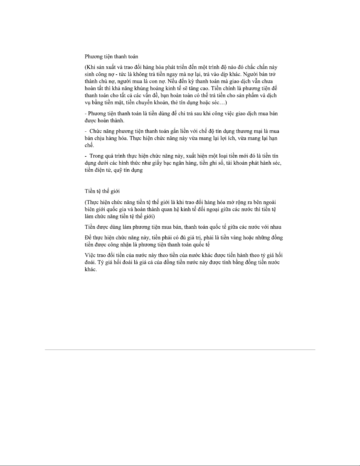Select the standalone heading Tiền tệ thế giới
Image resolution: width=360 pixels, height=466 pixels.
click(102, 191)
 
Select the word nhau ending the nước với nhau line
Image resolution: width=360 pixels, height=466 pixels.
click(275, 227)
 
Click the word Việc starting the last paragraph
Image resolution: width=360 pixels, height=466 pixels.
click(90, 255)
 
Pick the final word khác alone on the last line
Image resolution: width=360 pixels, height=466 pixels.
click(90, 270)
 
